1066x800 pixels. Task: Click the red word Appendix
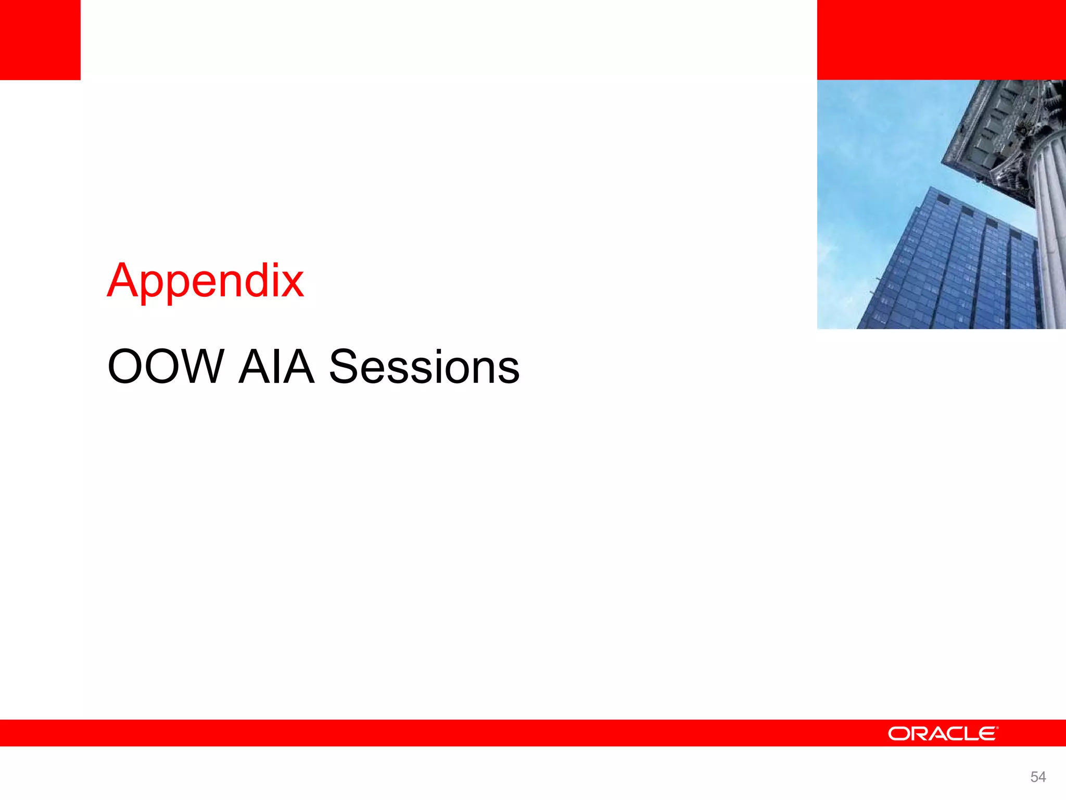[205, 281]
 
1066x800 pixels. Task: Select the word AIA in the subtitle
[276, 367]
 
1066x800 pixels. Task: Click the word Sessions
[424, 367]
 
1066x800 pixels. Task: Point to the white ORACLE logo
[943, 733]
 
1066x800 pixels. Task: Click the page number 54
[1038, 777]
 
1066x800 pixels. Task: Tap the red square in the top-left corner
[40, 40]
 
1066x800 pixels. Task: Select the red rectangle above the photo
[941, 40]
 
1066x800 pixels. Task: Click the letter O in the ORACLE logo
[898, 734]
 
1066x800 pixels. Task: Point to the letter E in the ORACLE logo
[987, 734]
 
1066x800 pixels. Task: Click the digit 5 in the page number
[1034, 777]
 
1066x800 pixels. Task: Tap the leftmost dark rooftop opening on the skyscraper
[943, 198]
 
